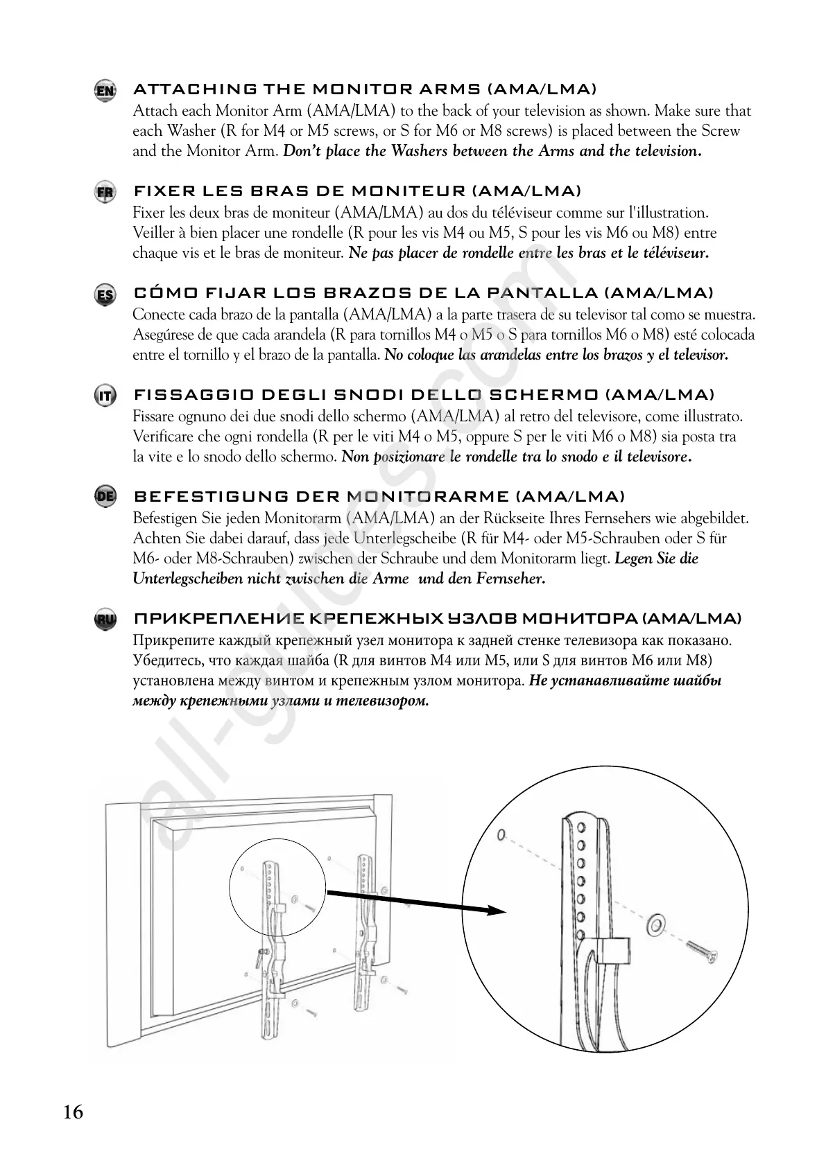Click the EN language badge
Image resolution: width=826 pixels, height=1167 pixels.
pos(105,91)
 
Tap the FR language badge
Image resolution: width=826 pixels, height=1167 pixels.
pos(105,192)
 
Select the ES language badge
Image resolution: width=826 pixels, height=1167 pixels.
pos(105,295)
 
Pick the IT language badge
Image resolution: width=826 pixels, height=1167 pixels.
pos(105,396)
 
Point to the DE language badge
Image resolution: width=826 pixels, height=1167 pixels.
pos(105,497)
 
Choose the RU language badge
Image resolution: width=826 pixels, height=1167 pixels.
pos(105,619)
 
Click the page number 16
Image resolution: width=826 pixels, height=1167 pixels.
pos(73,1112)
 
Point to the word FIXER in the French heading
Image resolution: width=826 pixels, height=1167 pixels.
pos(160,191)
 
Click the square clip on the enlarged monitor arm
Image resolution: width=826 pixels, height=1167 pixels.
pos(613,951)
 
